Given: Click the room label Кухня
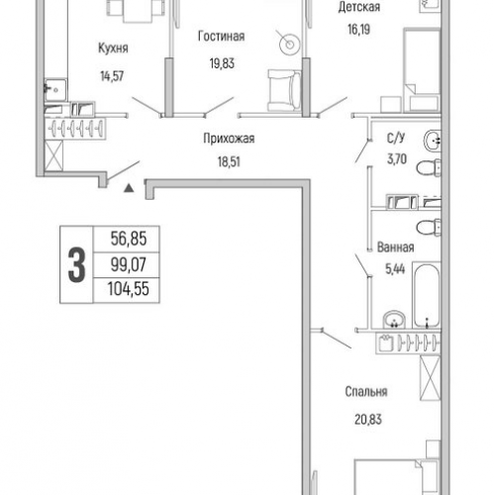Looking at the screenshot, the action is tap(113, 49).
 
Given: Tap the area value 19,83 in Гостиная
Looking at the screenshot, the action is tap(222, 63).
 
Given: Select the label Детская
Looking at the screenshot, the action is tap(359, 7).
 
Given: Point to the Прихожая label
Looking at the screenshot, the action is tap(229, 139).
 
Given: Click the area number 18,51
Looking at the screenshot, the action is tap(229, 161).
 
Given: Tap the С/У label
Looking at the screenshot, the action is tap(396, 138).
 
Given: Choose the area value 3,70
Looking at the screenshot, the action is tap(397, 159).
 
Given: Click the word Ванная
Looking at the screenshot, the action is tap(395, 247).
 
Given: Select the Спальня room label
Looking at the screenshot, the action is tap(366, 392).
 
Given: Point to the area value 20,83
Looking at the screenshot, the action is tap(368, 420).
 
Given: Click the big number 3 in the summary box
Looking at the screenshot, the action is tap(76, 264).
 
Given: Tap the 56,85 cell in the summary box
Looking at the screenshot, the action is tap(129, 239).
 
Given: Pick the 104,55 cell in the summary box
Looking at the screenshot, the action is tap(129, 289).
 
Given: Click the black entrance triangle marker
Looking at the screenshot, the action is tap(129, 188).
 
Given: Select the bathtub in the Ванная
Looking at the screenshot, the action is tap(427, 295).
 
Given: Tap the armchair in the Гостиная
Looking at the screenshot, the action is tap(284, 90).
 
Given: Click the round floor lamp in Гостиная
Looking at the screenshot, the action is tap(289, 45).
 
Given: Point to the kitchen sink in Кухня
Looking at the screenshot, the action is tap(55, 89).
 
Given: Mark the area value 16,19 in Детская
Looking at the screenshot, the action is tap(358, 30).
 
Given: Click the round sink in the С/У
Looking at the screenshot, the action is tap(433, 141).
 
